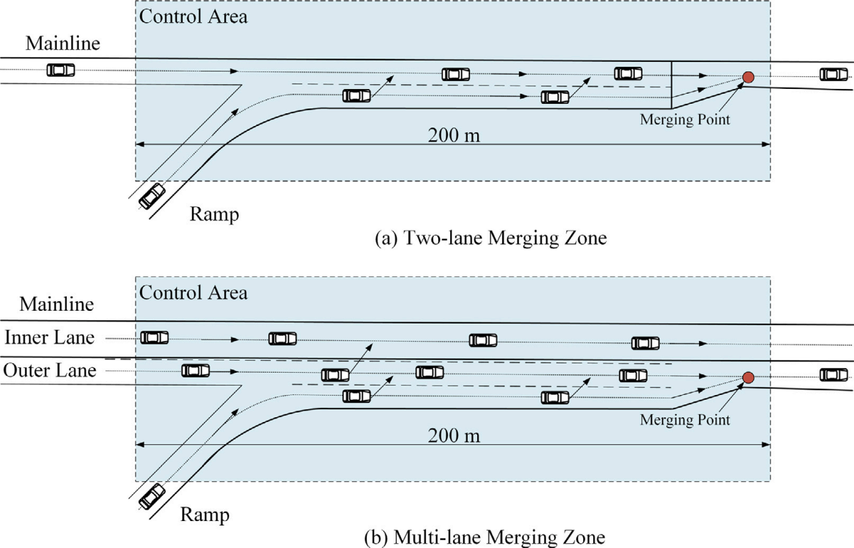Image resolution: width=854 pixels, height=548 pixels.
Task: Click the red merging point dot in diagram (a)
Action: pyautogui.click(x=748, y=78)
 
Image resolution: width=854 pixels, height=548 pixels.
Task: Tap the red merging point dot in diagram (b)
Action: pyautogui.click(x=748, y=377)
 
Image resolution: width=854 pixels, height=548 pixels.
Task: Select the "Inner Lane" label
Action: pyautogui.click(x=49, y=337)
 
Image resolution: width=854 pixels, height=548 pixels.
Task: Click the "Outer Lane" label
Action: pyautogui.click(x=49, y=370)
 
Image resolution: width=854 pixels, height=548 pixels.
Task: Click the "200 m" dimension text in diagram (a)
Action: pyautogui.click(x=454, y=135)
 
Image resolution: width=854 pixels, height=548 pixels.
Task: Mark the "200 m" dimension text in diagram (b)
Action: pyautogui.click(x=454, y=435)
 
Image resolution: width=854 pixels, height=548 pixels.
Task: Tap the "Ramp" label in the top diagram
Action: pyautogui.click(x=214, y=214)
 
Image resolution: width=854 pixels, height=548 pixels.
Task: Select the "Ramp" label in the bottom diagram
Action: pyautogui.click(x=205, y=515)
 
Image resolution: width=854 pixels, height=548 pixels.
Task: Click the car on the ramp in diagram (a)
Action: pyautogui.click(x=152, y=196)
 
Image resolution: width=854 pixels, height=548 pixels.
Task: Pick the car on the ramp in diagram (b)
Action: pyautogui.click(x=152, y=497)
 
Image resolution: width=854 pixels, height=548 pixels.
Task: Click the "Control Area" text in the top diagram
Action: pyautogui.click(x=193, y=16)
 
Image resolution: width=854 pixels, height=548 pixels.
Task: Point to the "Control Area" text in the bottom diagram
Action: pyautogui.click(x=193, y=293)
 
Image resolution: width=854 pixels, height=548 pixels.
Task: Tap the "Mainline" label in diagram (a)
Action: pyautogui.click(x=63, y=44)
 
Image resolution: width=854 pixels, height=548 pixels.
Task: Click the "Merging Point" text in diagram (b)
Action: pyautogui.click(x=685, y=419)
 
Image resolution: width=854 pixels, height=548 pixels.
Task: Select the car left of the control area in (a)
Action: pyautogui.click(x=61, y=70)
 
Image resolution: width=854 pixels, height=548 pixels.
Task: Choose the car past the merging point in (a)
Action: pyautogui.click(x=834, y=74)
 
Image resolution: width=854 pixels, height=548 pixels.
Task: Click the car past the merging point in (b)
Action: pyautogui.click(x=834, y=375)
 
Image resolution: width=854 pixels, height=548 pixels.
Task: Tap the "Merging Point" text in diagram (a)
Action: pyautogui.click(x=685, y=119)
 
